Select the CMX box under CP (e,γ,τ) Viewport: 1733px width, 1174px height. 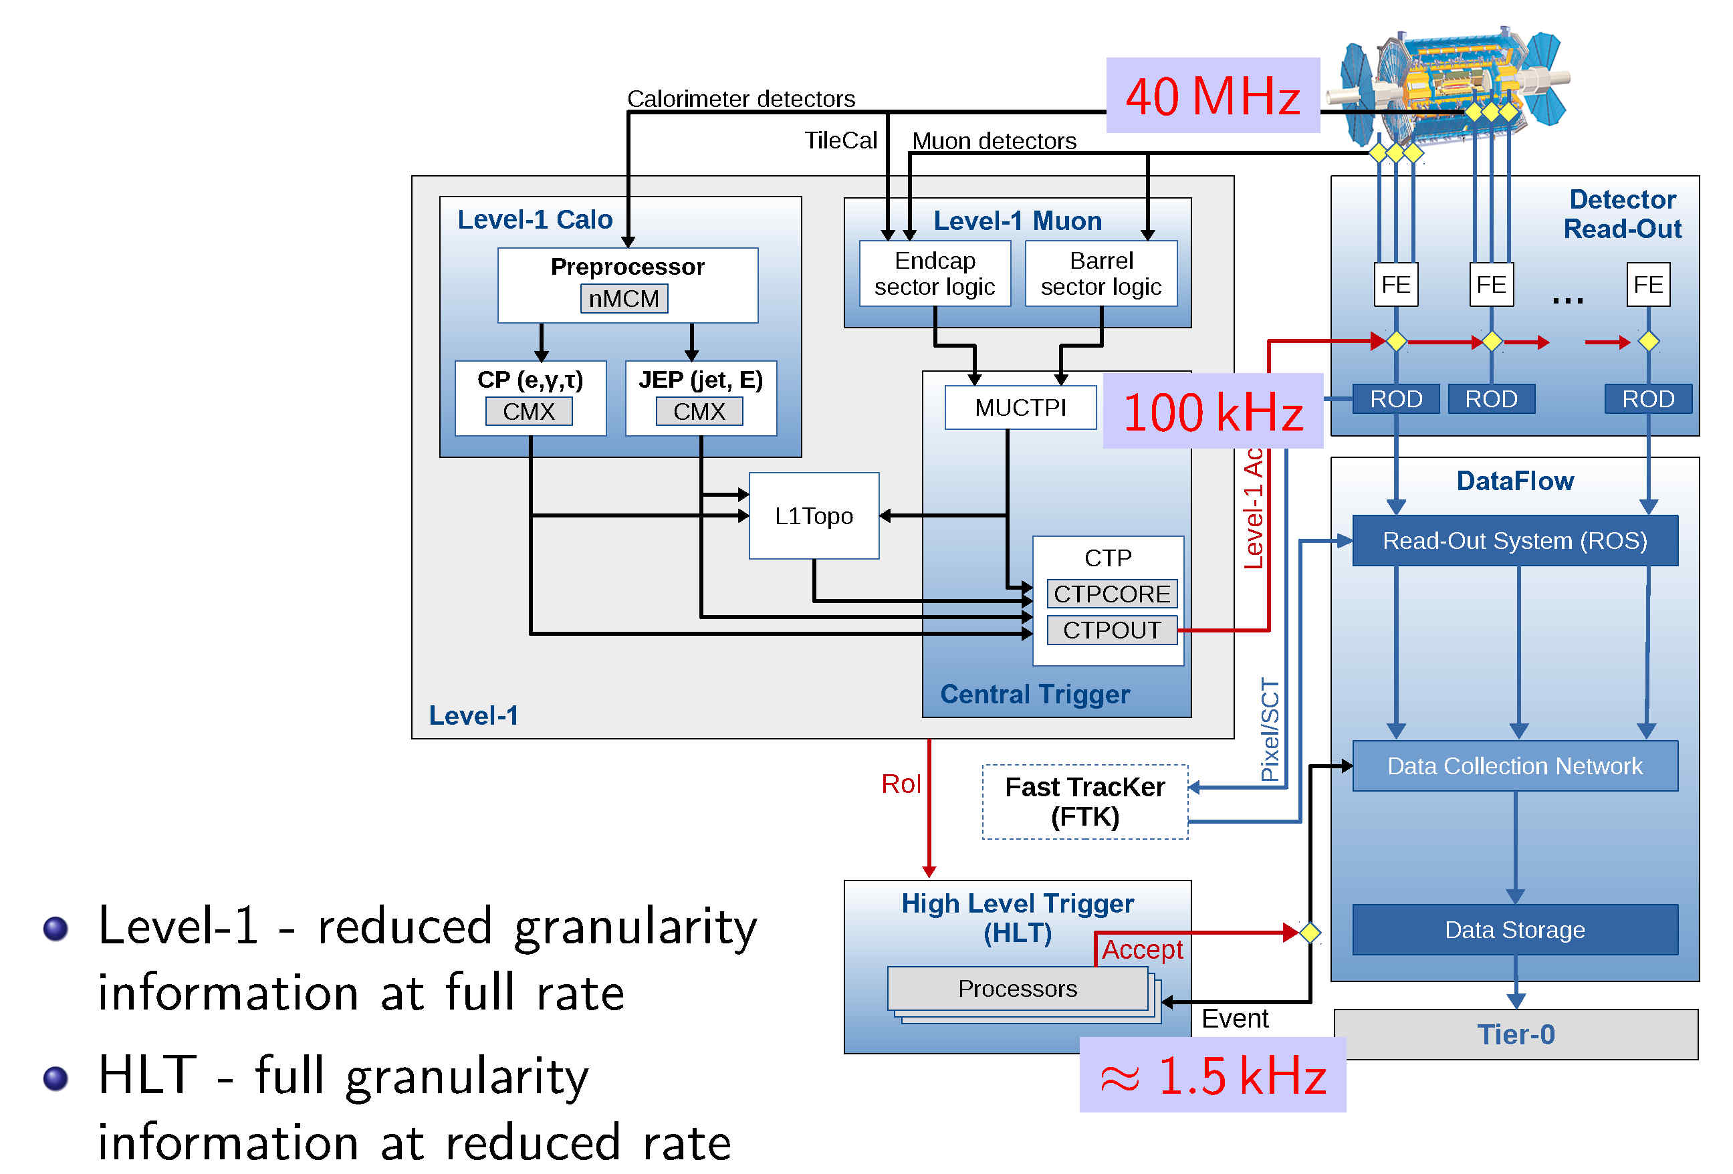point(529,411)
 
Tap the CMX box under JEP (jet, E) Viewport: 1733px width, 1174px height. point(699,411)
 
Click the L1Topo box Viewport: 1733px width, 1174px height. point(814,515)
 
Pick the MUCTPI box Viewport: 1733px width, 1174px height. point(1020,407)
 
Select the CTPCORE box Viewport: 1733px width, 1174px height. point(1111,594)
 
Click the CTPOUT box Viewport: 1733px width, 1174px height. point(1111,630)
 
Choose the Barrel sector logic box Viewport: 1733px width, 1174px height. point(1101,273)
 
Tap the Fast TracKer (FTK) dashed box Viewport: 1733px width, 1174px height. point(1085,802)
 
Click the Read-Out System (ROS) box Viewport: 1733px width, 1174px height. point(1514,541)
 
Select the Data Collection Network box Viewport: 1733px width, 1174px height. point(1514,766)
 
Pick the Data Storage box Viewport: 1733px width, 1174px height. point(1514,930)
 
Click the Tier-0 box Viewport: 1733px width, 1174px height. point(1515,1034)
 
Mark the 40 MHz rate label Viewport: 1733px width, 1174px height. point(1213,96)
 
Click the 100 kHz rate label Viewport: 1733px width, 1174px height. point(1213,411)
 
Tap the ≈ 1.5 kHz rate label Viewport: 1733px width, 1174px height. point(1213,1075)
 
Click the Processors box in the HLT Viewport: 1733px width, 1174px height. point(1017,988)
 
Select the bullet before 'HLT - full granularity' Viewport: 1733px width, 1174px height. point(56,1078)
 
